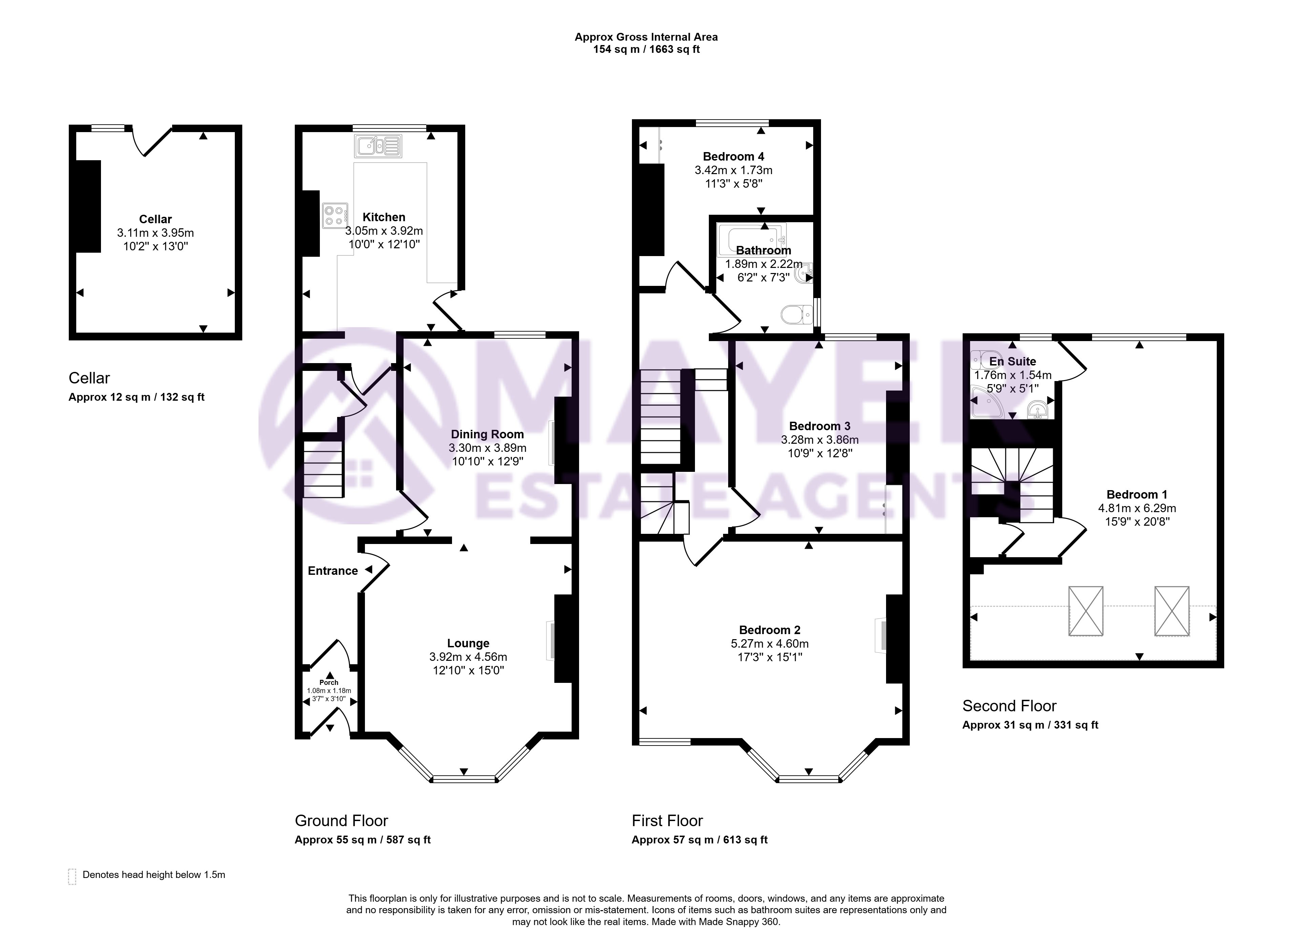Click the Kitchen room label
pyautogui.click(x=384, y=217)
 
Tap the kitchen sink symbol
pyautogui.click(x=378, y=146)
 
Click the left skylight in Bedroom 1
pyautogui.click(x=1086, y=611)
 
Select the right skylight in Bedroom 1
pyautogui.click(x=1172, y=611)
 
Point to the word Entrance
pyautogui.click(x=333, y=571)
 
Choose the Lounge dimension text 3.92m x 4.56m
pyautogui.click(x=468, y=657)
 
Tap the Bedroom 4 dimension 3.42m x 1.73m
pyautogui.click(x=734, y=170)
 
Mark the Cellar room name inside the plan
pyautogui.click(x=155, y=219)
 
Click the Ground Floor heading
pyautogui.click(x=341, y=821)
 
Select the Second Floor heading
pyautogui.click(x=1009, y=706)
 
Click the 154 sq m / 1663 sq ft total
pyautogui.click(x=646, y=50)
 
